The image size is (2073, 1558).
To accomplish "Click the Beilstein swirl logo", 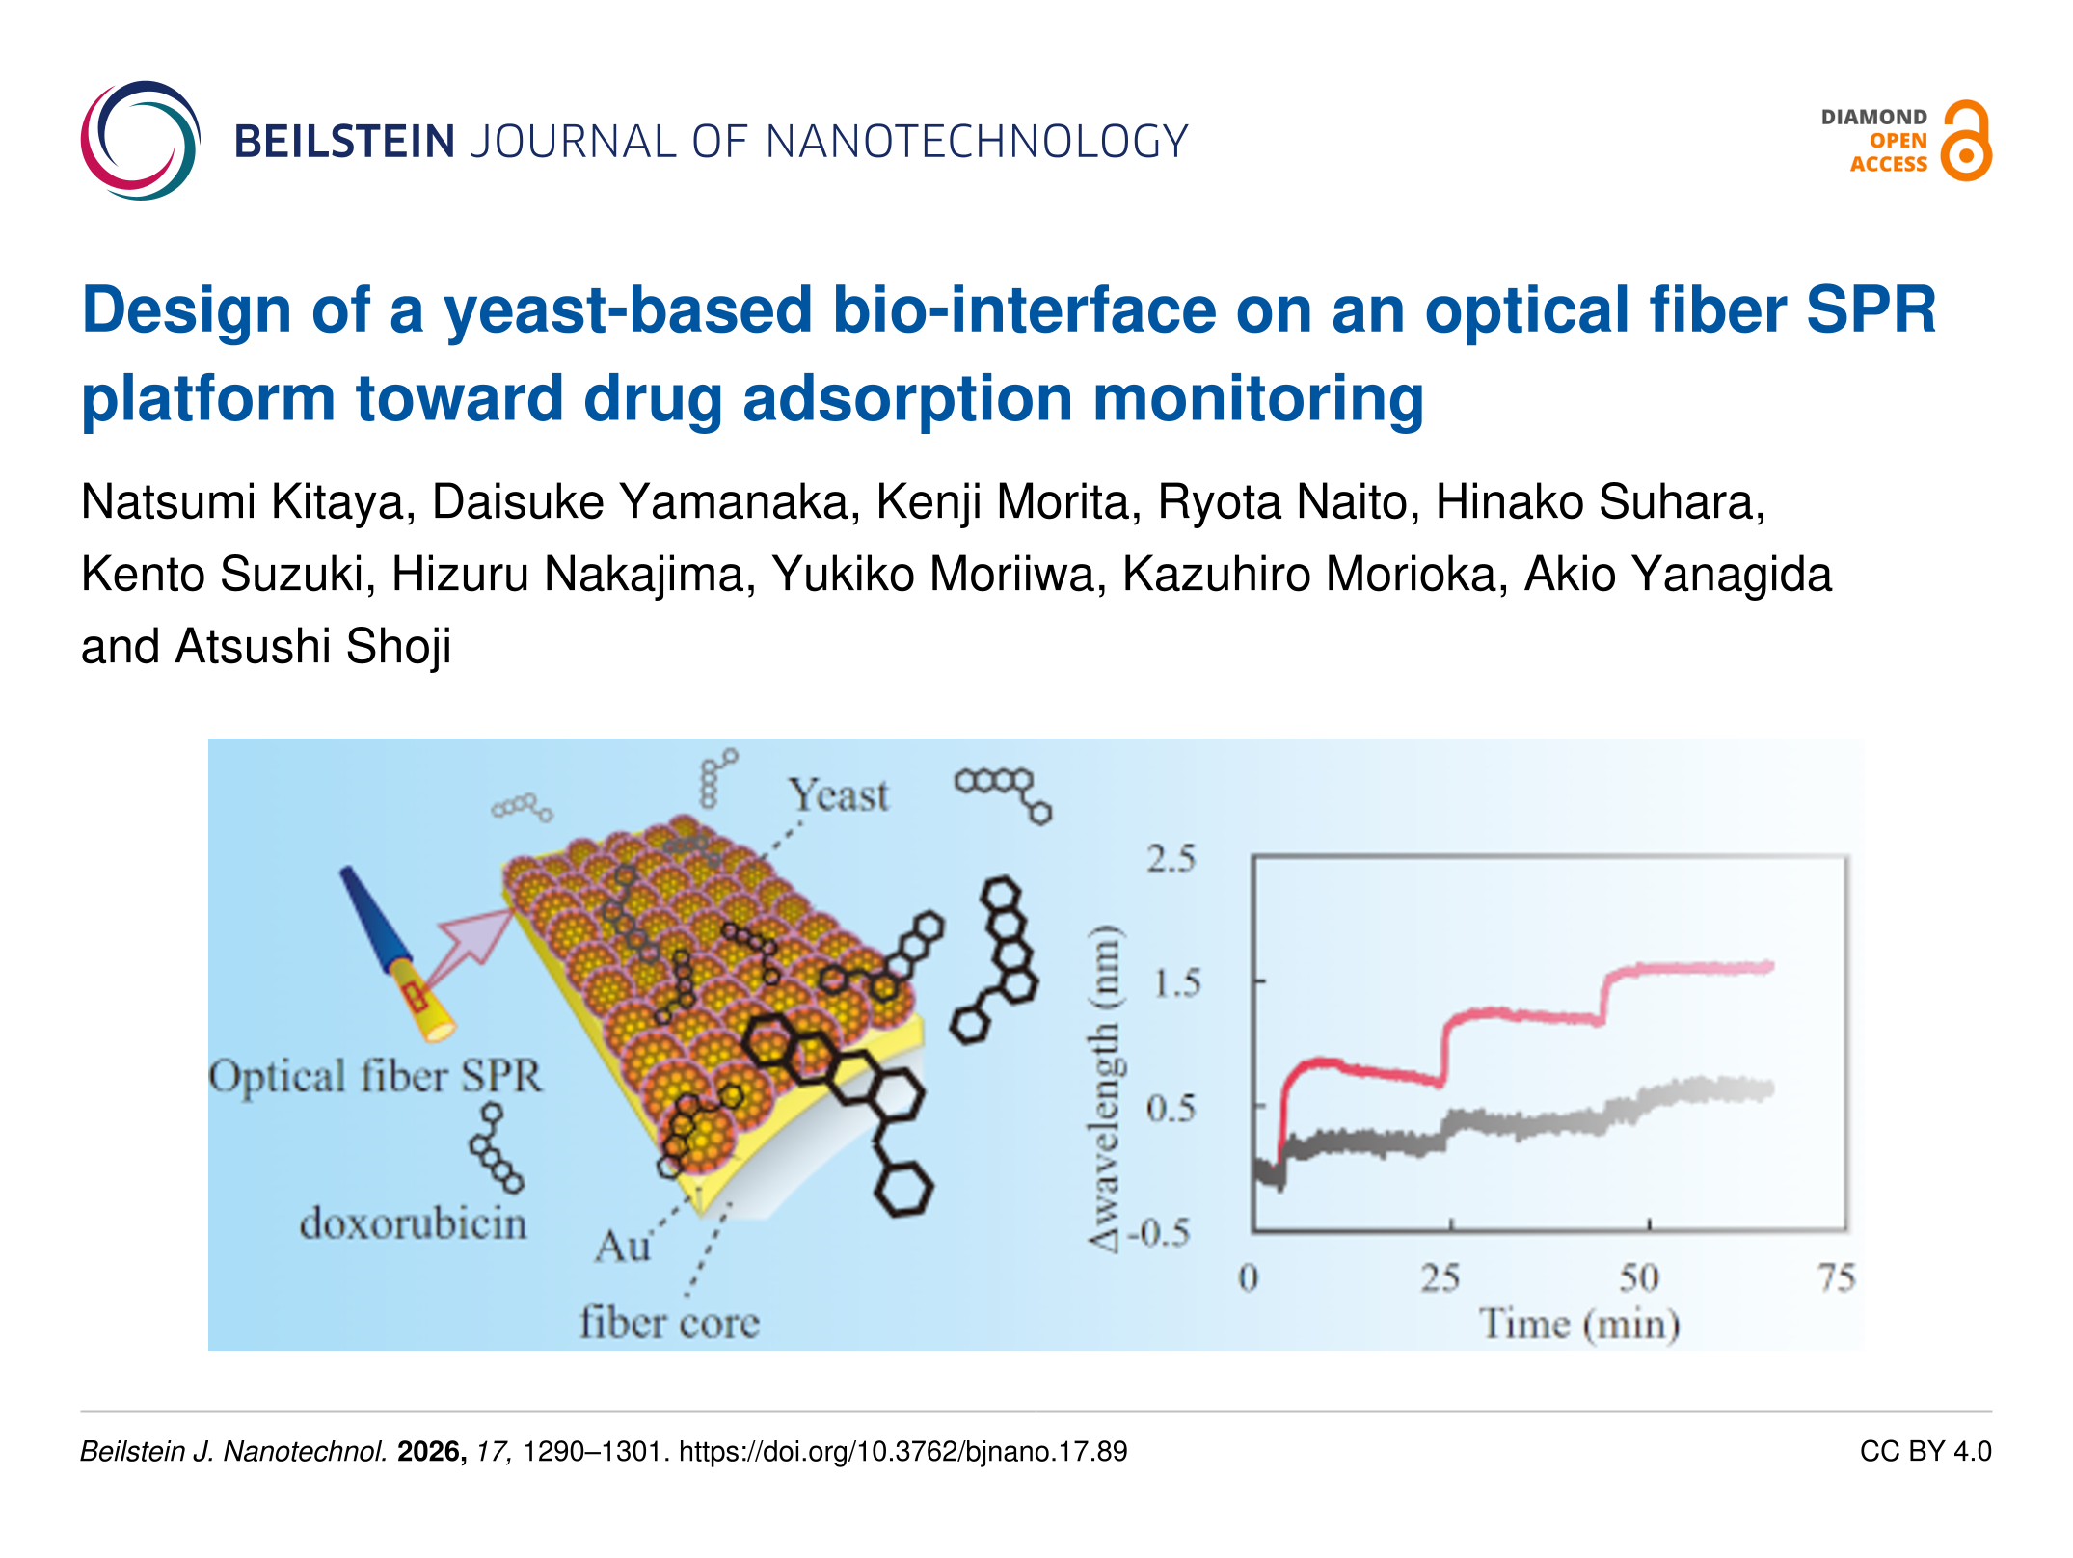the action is click(x=141, y=141).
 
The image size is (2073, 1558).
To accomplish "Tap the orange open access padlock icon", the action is click(x=1966, y=141).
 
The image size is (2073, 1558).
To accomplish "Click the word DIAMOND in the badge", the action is click(x=1873, y=117).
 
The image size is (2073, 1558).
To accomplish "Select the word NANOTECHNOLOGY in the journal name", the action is click(x=977, y=142).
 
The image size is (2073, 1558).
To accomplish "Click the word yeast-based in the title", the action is click(x=628, y=311).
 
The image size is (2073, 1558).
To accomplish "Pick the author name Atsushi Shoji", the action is click(x=313, y=646).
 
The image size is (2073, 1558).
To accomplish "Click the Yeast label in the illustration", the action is click(x=838, y=795).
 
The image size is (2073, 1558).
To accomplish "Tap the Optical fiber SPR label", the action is click(x=376, y=1077).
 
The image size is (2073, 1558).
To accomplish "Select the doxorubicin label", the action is click(x=413, y=1223).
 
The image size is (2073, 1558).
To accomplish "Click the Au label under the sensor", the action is click(x=623, y=1247).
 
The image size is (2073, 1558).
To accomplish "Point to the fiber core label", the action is click(x=669, y=1322).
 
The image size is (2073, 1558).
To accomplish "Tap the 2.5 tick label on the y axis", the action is click(x=1171, y=858).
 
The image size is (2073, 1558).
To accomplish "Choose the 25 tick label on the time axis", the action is click(x=1440, y=1278).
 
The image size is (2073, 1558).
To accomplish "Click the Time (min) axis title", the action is click(x=1579, y=1325).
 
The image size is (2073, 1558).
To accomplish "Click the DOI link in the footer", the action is click(x=902, y=1451).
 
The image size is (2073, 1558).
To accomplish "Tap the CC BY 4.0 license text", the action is click(x=1925, y=1451).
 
